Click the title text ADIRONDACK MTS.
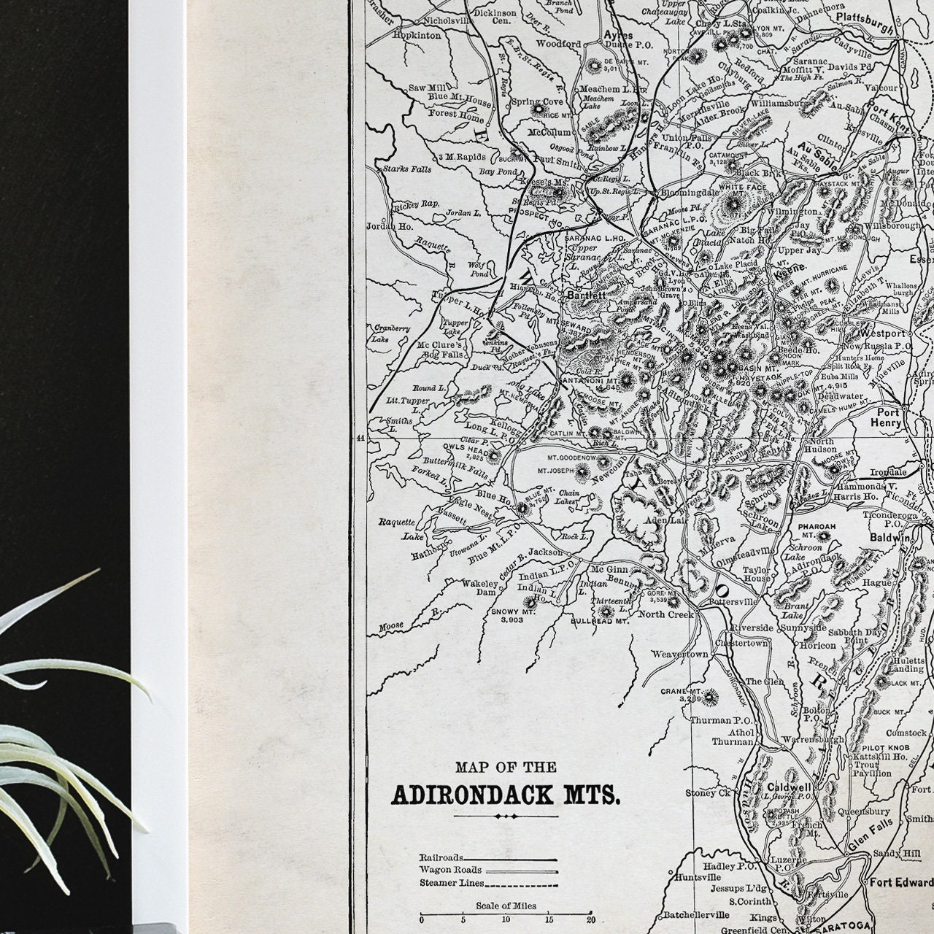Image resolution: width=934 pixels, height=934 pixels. pyautogui.click(x=506, y=795)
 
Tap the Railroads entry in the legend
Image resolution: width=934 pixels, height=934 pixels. pyautogui.click(x=441, y=857)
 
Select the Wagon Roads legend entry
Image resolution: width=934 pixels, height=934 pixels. pyautogui.click(x=450, y=870)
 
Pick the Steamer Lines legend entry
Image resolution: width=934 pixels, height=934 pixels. pyautogui.click(x=451, y=883)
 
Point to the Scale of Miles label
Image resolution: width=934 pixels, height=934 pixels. pyautogui.click(x=506, y=906)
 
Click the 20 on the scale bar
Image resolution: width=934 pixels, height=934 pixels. pyautogui.click(x=592, y=920)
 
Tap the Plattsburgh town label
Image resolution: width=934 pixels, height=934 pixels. pyautogui.click(x=865, y=17)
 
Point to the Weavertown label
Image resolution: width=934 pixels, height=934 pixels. pyautogui.click(x=680, y=655)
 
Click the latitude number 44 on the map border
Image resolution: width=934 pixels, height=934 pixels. pyautogui.click(x=359, y=439)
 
